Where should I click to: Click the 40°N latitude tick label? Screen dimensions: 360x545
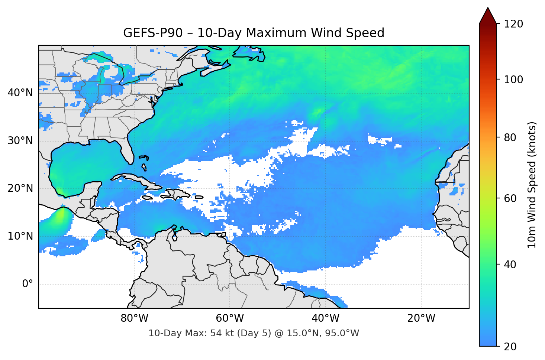coord(20,93)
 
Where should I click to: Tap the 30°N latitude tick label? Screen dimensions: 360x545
coord(20,140)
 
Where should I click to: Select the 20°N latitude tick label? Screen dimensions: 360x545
coord(20,188)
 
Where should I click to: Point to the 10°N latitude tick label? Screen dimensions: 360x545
coord(20,236)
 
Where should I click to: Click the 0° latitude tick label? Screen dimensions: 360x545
coord(28,284)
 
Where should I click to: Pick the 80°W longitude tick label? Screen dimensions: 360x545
coord(135,318)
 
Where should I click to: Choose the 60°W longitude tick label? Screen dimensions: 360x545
coord(230,318)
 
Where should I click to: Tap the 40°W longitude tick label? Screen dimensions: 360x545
coord(326,318)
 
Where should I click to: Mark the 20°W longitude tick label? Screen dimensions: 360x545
coord(421,318)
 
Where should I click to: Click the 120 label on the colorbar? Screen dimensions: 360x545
coord(513,24)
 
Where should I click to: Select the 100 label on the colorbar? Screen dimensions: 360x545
coord(513,80)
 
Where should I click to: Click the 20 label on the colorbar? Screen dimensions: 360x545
coord(510,347)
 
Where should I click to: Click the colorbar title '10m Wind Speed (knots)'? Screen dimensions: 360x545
coord(532,185)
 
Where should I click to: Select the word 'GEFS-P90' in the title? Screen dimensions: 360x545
coord(153,33)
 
